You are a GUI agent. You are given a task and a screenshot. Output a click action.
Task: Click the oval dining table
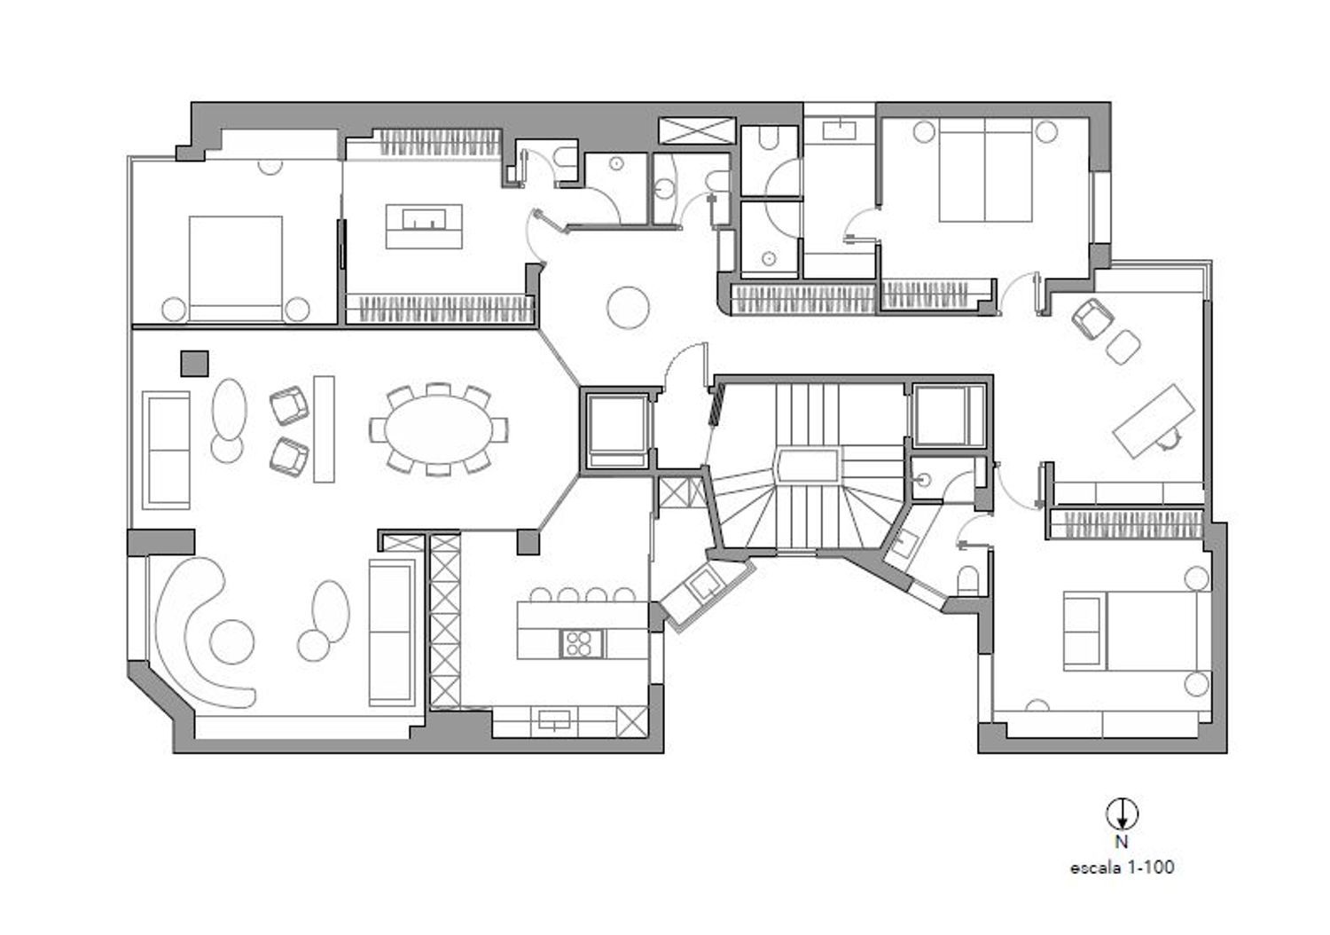point(438,429)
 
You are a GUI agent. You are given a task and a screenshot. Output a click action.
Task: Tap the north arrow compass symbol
point(1122,813)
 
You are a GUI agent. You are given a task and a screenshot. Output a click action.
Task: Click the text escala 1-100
point(1122,868)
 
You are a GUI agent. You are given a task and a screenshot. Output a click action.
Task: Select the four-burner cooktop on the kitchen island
point(582,643)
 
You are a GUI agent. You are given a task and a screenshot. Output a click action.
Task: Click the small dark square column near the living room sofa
point(194,363)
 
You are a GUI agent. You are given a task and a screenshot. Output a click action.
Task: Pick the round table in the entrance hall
point(628,307)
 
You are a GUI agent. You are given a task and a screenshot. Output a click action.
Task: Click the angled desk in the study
point(1153,421)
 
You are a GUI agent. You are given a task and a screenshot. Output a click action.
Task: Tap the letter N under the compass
point(1121,842)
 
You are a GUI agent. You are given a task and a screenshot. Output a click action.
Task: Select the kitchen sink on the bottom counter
point(554,719)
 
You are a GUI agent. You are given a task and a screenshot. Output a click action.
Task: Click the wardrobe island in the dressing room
point(423,226)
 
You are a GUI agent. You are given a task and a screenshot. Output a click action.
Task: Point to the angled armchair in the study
point(1091,319)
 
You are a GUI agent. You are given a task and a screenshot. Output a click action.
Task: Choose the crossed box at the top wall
point(697,130)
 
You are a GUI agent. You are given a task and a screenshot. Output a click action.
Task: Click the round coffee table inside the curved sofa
point(232,642)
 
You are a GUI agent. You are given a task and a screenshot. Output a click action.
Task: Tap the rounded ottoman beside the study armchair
point(1123,347)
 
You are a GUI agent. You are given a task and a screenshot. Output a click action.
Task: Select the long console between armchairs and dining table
point(324,428)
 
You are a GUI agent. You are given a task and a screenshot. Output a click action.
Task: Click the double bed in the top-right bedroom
point(985,170)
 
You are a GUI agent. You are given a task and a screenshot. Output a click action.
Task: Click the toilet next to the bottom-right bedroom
point(968,580)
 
